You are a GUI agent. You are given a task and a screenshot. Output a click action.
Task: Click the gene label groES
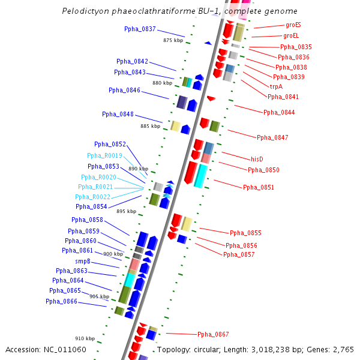[x=293, y=25]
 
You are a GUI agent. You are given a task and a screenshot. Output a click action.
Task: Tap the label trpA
[x=277, y=86]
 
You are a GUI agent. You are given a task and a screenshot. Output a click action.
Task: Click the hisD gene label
[x=257, y=159]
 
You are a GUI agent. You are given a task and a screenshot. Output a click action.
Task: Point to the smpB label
[x=83, y=261]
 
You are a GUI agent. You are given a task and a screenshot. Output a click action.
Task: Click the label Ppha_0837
[x=140, y=29]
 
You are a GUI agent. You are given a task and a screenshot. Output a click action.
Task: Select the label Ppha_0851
[x=259, y=187]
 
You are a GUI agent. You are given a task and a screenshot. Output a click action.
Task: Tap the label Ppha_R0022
[x=93, y=197]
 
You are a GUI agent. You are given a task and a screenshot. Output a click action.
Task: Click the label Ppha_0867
[x=213, y=334]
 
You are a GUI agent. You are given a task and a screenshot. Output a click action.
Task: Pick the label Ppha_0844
[x=279, y=112]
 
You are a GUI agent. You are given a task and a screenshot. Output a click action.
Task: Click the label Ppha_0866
[x=61, y=301]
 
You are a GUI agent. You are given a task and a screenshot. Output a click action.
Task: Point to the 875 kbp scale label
[x=173, y=40]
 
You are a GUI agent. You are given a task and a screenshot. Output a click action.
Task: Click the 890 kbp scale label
[x=138, y=169]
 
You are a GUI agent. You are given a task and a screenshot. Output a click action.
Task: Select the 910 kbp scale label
[x=85, y=338]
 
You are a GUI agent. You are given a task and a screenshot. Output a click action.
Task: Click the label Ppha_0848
[x=118, y=114]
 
